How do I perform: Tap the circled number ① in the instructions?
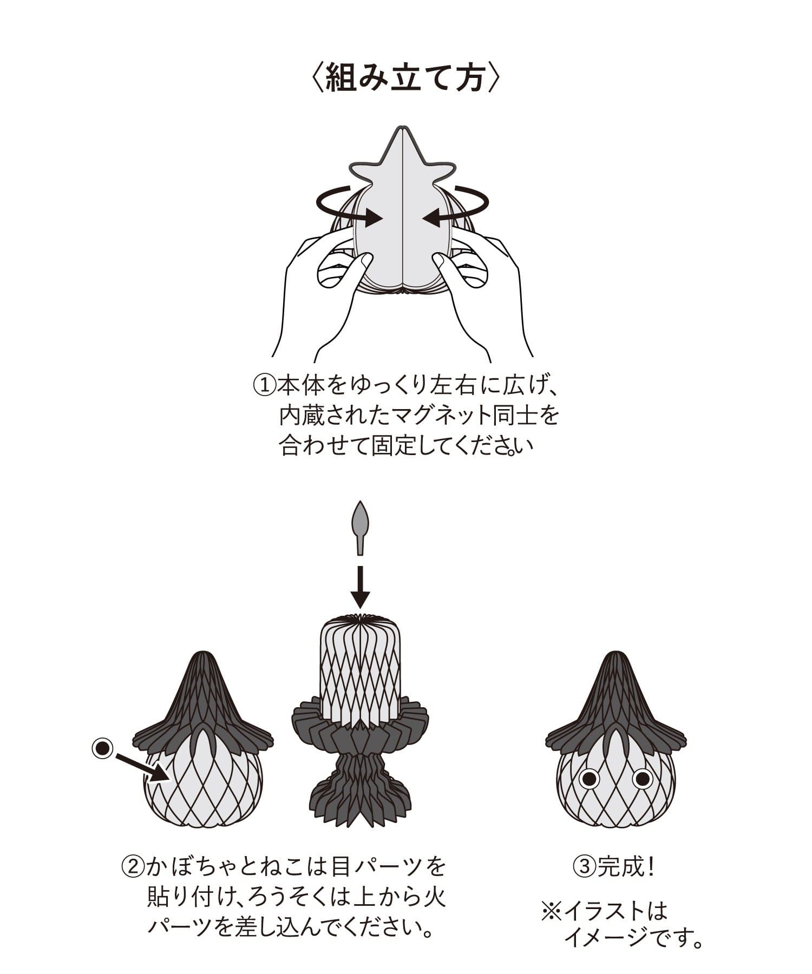click(265, 385)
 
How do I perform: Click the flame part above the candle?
click(359, 528)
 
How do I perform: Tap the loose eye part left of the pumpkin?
click(101, 748)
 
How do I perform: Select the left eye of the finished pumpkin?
click(589, 779)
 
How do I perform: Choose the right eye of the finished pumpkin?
click(642, 779)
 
